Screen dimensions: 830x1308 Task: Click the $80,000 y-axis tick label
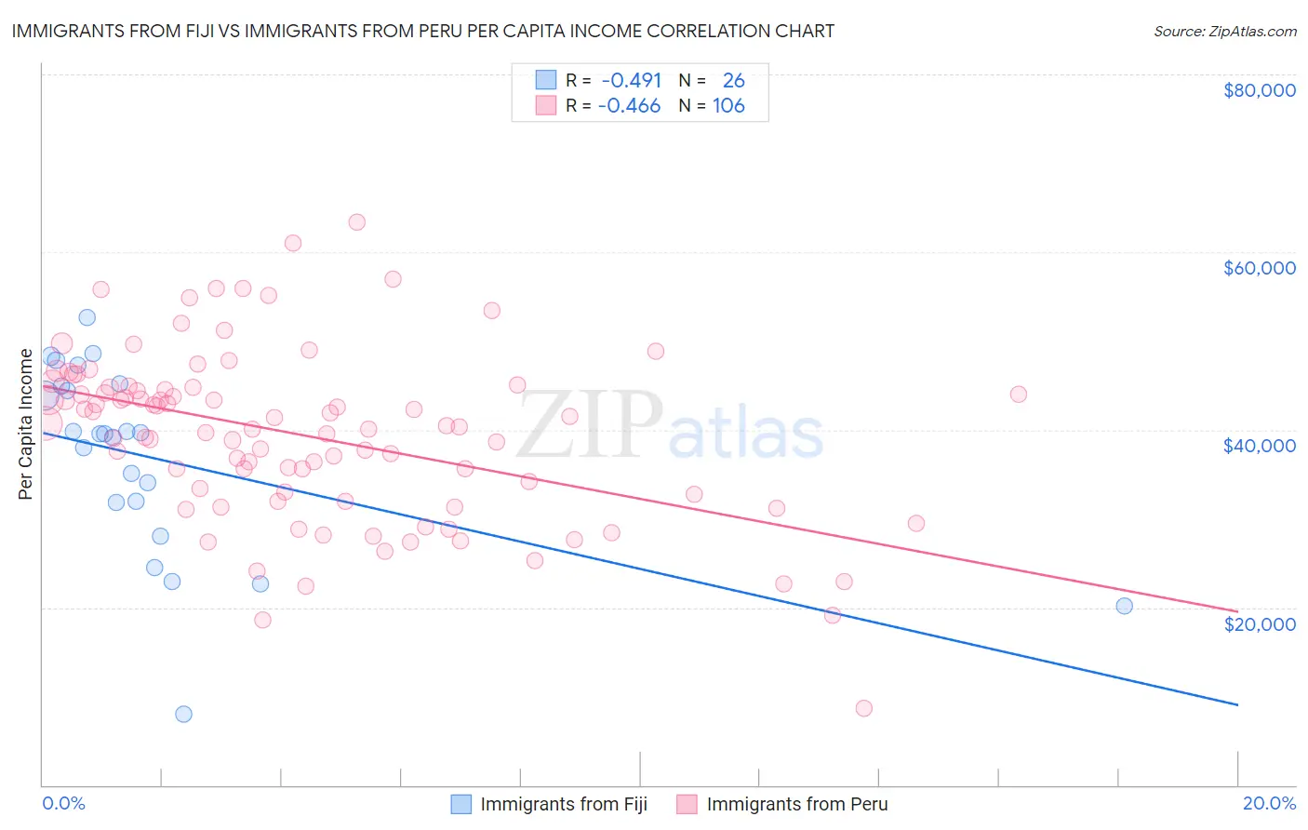pyautogui.click(x=1259, y=90)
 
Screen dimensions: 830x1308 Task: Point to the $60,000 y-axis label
pyautogui.click(x=1259, y=268)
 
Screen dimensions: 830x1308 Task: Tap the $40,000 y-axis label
pyautogui.click(x=1259, y=446)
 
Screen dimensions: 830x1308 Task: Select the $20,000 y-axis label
pyautogui.click(x=1259, y=623)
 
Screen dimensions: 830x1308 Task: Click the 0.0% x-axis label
pyautogui.click(x=63, y=803)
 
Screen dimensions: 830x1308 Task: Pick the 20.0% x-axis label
pyautogui.click(x=1269, y=803)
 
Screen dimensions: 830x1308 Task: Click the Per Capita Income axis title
pyautogui.click(x=26, y=424)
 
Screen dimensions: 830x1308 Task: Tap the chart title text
pyautogui.click(x=422, y=31)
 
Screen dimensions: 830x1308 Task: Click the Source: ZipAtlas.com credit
pyautogui.click(x=1224, y=31)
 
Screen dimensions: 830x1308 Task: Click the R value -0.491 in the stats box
pyautogui.click(x=631, y=80)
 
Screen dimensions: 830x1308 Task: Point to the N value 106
pyautogui.click(x=728, y=106)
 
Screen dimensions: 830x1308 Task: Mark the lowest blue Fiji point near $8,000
pyautogui.click(x=183, y=714)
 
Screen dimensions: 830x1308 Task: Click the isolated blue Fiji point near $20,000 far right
pyautogui.click(x=1124, y=606)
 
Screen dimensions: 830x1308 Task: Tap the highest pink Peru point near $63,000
pyautogui.click(x=356, y=222)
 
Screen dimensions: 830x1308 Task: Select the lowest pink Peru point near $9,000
pyautogui.click(x=863, y=708)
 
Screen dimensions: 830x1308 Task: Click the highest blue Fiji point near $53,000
pyautogui.click(x=87, y=317)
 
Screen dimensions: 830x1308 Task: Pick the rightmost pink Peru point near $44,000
pyautogui.click(x=1018, y=395)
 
